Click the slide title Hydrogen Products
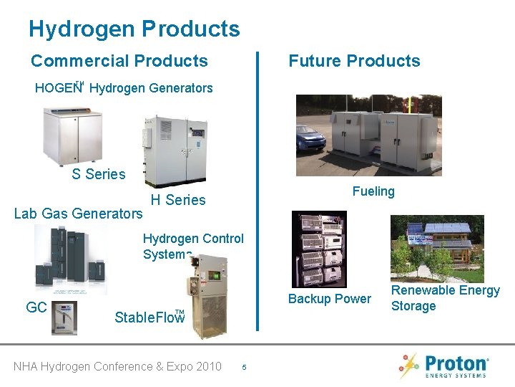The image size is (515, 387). (134, 29)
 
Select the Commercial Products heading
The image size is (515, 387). (119, 62)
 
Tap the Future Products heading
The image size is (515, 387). (354, 62)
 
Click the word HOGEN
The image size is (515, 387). (56, 89)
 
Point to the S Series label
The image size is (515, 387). (98, 174)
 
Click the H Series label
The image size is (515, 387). (177, 201)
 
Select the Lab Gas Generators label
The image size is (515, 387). (79, 214)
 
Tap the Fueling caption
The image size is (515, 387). (373, 191)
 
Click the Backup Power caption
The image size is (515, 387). (329, 299)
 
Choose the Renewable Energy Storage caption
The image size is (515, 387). (445, 298)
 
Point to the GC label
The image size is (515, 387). (36, 308)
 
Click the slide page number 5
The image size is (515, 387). (244, 368)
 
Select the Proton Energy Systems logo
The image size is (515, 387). (444, 366)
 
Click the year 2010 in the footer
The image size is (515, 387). (207, 367)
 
